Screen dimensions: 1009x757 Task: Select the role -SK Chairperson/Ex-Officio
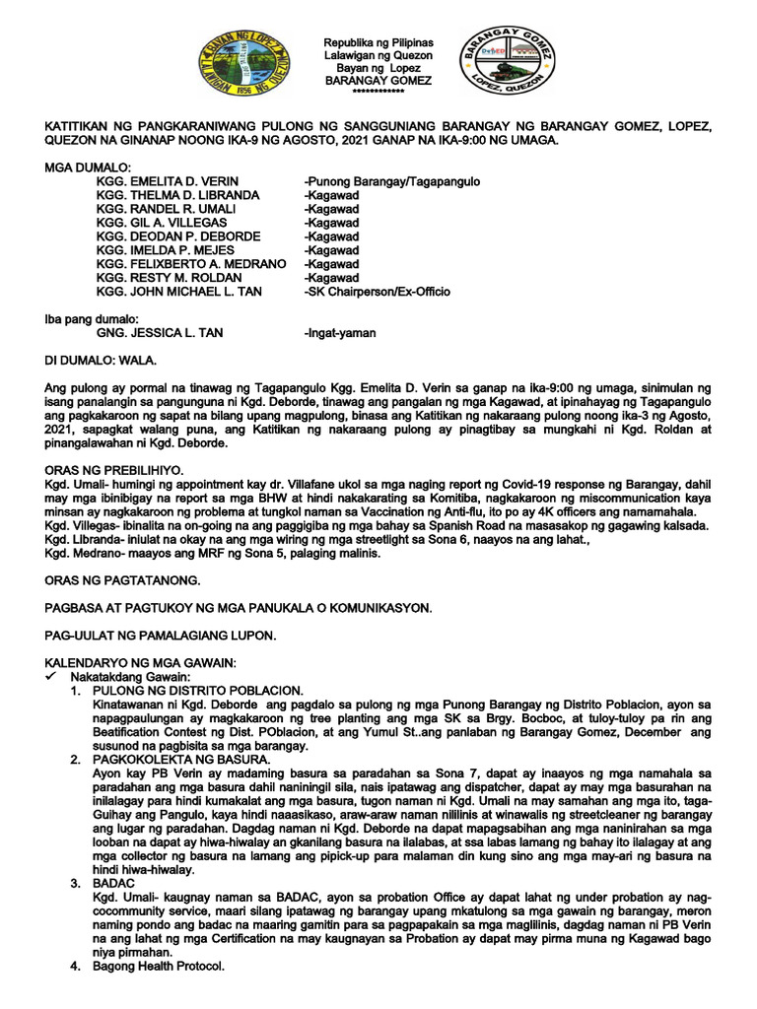378,293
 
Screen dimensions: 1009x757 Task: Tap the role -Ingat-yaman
340,333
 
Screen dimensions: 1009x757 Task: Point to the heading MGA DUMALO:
88,168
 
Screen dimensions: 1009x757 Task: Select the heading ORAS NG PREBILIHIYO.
114,472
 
